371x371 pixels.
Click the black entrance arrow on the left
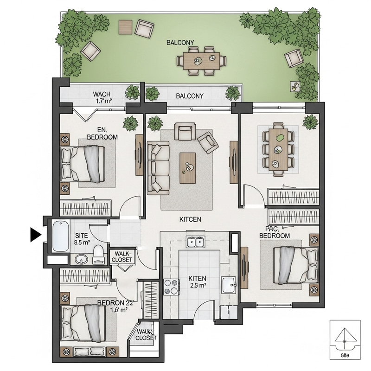point(36,235)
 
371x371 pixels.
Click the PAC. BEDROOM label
point(275,232)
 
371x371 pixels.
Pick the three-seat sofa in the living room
point(156,167)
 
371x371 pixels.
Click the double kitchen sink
point(197,242)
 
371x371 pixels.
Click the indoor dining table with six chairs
point(278,149)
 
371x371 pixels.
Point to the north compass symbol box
point(345,339)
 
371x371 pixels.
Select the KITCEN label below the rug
point(191,219)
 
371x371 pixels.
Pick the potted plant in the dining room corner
point(310,122)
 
